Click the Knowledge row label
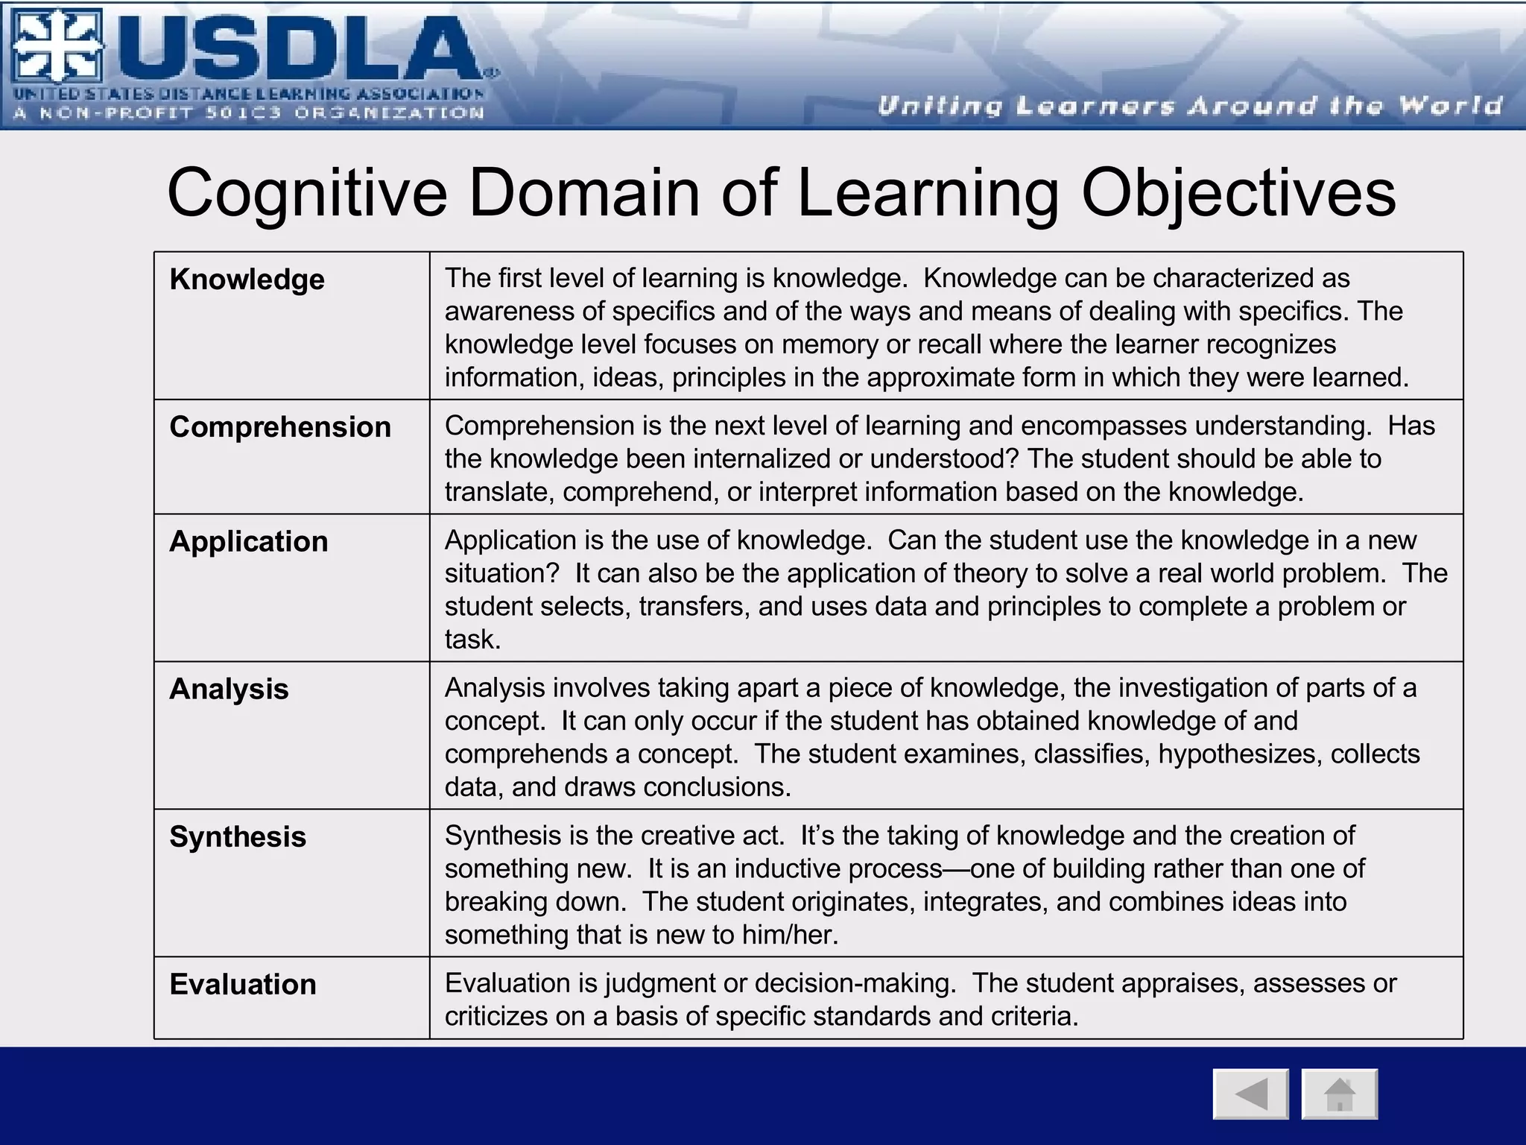coord(247,280)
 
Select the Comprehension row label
coord(280,427)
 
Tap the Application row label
coord(248,542)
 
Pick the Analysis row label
coord(229,690)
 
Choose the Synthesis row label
coord(238,837)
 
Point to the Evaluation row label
coord(243,985)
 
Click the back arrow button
coord(1250,1094)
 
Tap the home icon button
coord(1339,1094)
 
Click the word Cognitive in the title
coord(307,193)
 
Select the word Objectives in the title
coord(1238,195)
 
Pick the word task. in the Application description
coord(472,640)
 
